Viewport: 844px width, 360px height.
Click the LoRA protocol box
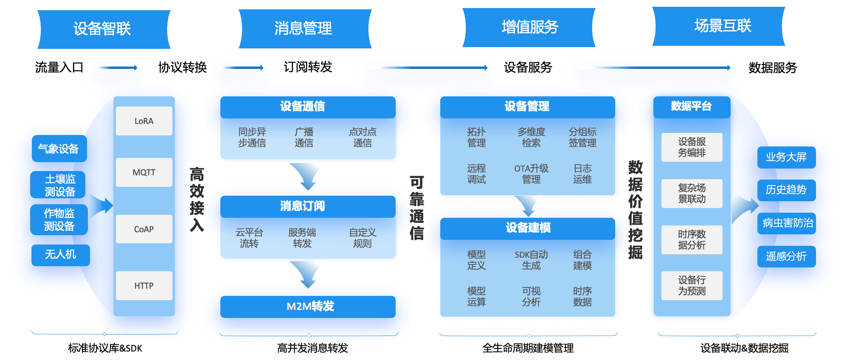pyautogui.click(x=144, y=121)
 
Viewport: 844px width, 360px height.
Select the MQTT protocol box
pyautogui.click(x=144, y=172)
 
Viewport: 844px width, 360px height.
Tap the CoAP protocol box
pyautogui.click(x=144, y=229)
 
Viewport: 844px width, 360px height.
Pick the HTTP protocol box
pyautogui.click(x=144, y=286)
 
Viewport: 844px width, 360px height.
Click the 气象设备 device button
pyautogui.click(x=59, y=149)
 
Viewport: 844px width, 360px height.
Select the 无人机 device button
pyautogui.click(x=60, y=255)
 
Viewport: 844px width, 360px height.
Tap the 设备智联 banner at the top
pyautogui.click(x=103, y=29)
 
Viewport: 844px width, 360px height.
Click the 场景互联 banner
pyautogui.click(x=722, y=26)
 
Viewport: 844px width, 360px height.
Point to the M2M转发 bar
pyautogui.click(x=308, y=307)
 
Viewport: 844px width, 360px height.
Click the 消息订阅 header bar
pyautogui.click(x=308, y=206)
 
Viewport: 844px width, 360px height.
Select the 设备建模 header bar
pyautogui.click(x=528, y=228)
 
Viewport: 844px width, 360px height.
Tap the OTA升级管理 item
pyautogui.click(x=531, y=174)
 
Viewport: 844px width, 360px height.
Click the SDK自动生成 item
pyautogui.click(x=531, y=260)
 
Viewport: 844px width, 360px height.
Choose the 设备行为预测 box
pyautogui.click(x=692, y=286)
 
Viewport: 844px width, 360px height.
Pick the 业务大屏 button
pyautogui.click(x=786, y=157)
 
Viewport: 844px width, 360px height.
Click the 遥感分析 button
pyautogui.click(x=786, y=256)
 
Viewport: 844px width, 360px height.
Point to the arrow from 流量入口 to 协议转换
pyautogui.click(x=118, y=67)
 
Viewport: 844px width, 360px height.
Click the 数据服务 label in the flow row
pyautogui.click(x=773, y=67)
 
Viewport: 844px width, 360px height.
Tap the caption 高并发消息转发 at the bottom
pyautogui.click(x=312, y=348)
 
